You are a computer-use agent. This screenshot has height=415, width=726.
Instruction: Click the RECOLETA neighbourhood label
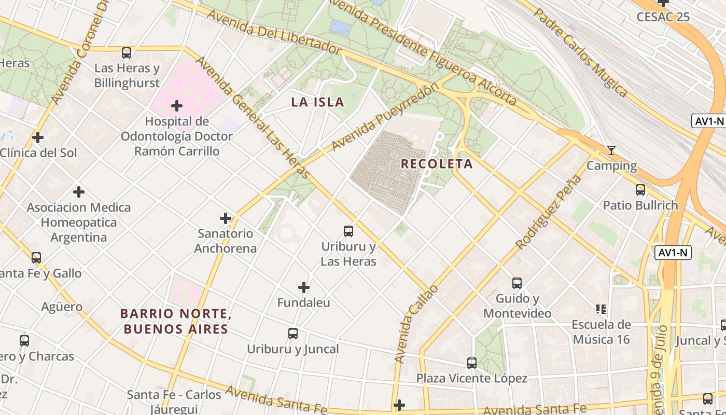pos(437,164)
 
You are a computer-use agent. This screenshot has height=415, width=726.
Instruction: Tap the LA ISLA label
pos(317,102)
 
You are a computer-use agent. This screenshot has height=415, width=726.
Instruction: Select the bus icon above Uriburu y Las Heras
pos(348,231)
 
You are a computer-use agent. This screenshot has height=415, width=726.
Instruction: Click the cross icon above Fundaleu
pos(304,287)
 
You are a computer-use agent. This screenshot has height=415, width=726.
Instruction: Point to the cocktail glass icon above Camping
pos(611,150)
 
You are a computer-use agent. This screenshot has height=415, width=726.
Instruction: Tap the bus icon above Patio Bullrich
pos(640,189)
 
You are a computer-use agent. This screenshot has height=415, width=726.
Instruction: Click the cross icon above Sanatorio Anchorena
pos(226,218)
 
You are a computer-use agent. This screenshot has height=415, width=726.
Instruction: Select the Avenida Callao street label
pos(416,324)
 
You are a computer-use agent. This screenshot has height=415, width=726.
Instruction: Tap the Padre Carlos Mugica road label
pos(581,52)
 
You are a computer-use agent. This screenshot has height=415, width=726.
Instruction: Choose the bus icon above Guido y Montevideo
pos(517,283)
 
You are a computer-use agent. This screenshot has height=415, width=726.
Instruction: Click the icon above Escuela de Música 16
pos(601,309)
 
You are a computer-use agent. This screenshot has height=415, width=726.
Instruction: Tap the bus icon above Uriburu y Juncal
pos(293,334)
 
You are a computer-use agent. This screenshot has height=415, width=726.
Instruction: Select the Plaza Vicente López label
pos(471,378)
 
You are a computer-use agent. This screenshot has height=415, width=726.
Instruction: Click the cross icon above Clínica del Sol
pos(38,137)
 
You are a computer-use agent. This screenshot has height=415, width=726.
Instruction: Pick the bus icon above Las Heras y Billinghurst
pos(127,52)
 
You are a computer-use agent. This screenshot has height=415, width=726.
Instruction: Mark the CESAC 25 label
pos(663,17)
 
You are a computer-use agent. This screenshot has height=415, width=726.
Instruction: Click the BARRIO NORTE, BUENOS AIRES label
pos(175,321)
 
